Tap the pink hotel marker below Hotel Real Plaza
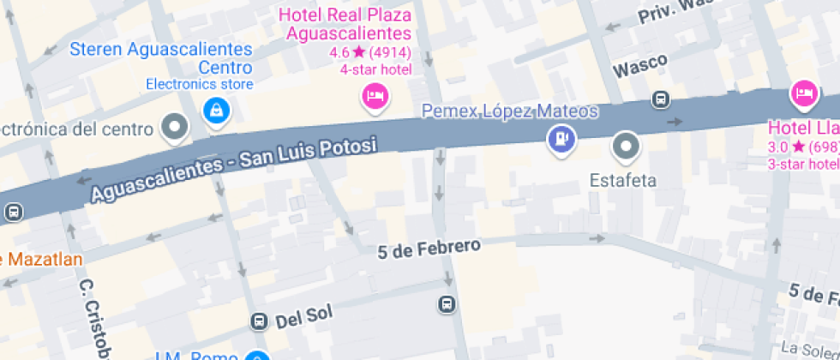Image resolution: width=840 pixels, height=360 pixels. (374, 95)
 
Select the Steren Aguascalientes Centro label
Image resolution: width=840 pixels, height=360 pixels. (161, 58)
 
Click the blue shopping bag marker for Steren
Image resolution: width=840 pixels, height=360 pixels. (214, 110)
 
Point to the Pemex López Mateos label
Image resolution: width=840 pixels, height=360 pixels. (509, 111)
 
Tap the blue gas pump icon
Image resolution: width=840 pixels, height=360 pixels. (561, 139)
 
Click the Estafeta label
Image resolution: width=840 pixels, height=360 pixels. (623, 180)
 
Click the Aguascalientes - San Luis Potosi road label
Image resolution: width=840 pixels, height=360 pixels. (234, 170)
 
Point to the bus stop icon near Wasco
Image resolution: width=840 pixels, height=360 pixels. (661, 99)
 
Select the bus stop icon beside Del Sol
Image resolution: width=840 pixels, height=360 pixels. (259, 321)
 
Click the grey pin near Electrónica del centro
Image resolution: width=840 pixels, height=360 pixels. (176, 128)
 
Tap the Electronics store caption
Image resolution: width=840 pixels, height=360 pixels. (199, 84)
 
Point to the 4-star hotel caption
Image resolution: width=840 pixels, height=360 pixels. (375, 69)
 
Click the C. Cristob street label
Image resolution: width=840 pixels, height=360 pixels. (96, 318)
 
